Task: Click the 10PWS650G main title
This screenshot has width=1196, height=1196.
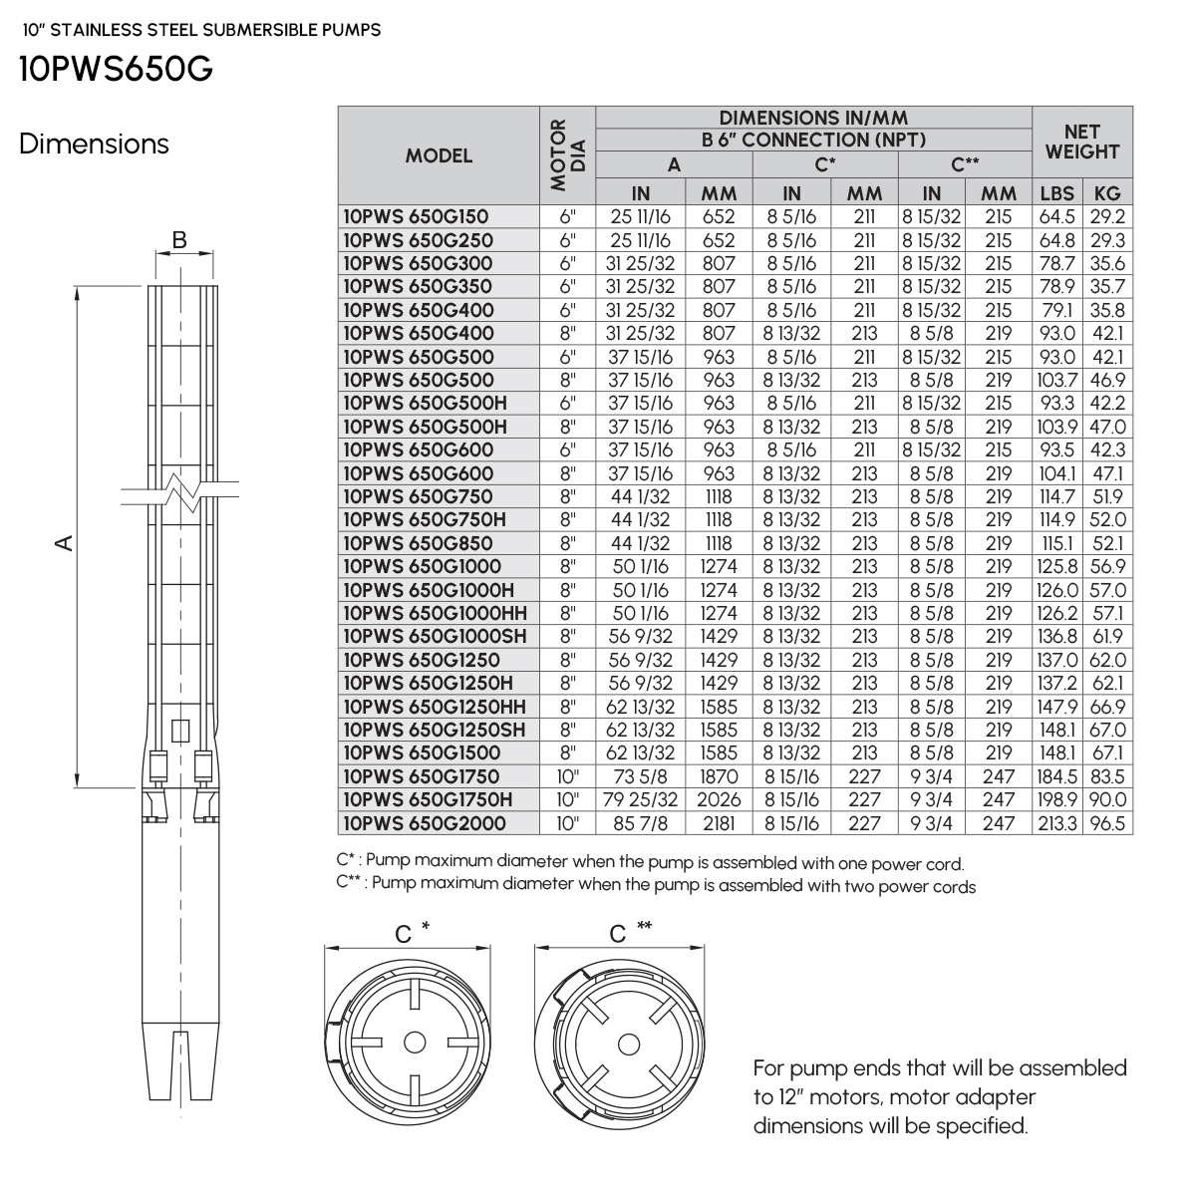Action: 116,69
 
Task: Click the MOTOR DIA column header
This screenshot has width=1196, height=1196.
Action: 567,155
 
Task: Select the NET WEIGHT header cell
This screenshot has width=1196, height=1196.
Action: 1081,142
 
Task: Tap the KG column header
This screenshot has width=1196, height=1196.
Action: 1107,193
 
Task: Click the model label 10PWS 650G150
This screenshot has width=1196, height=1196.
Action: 416,216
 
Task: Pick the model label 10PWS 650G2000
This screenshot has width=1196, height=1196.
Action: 425,823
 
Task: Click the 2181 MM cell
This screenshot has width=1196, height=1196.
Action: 719,823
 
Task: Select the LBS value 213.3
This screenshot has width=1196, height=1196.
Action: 1056,823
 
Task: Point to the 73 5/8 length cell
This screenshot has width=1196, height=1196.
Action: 640,776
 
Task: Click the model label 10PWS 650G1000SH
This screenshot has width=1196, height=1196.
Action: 435,636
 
